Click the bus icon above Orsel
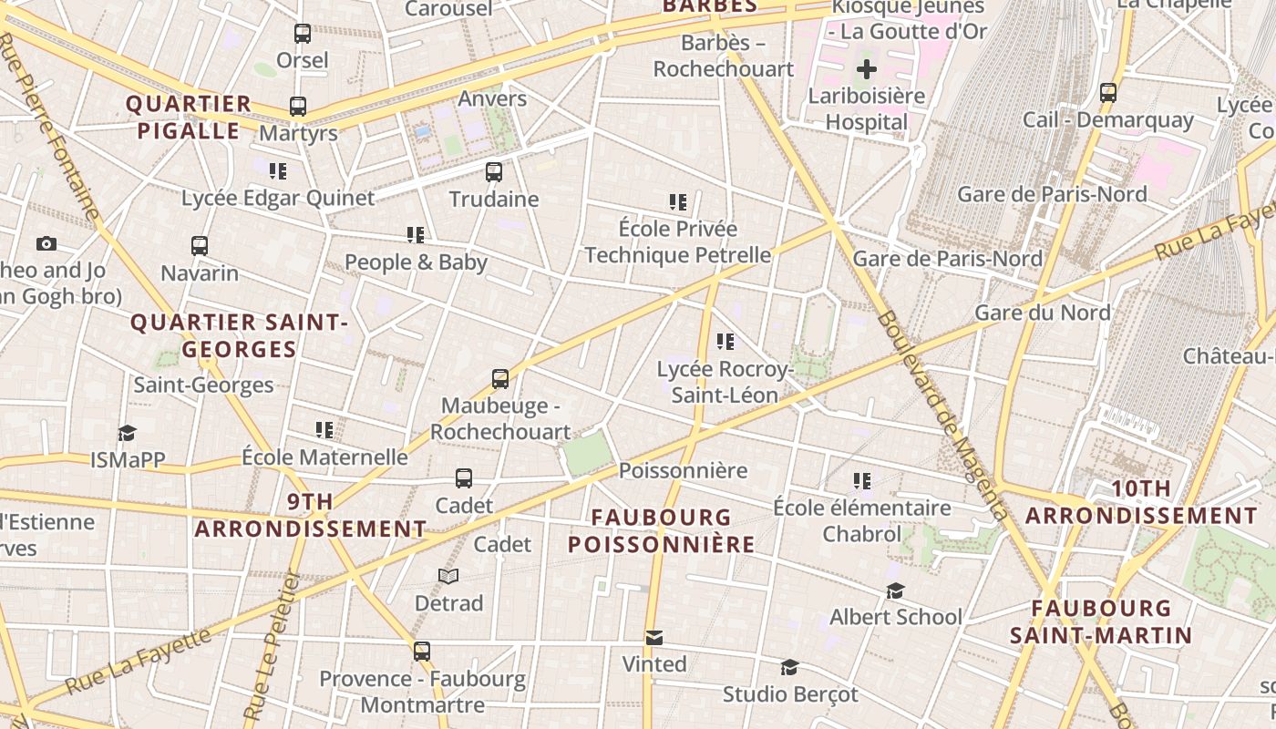(303, 34)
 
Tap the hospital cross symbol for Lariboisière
(866, 68)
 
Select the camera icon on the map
(46, 243)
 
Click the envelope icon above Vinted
(653, 637)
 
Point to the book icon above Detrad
(448, 576)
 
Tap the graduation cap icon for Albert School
(895, 590)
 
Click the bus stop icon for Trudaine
(494, 171)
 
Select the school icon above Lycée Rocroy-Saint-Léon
(725, 342)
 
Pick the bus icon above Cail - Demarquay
(1108, 92)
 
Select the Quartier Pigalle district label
(189, 117)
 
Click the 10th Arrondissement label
(1141, 502)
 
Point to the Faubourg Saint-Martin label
(1101, 621)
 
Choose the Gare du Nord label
(1042, 313)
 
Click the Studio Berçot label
(790, 694)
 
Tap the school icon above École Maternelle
(324, 429)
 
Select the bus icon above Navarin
(200, 245)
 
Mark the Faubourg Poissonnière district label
(661, 530)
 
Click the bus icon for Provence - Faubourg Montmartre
(421, 652)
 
